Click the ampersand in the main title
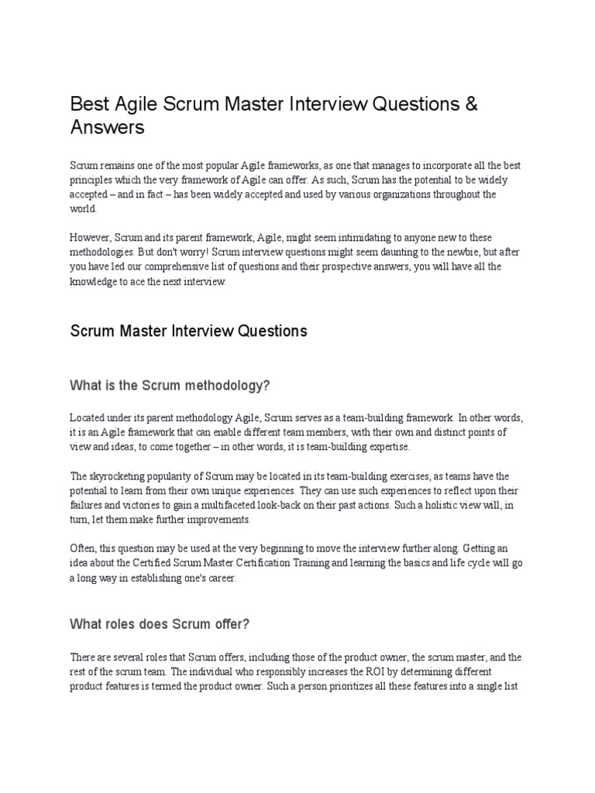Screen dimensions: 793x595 [x=470, y=105]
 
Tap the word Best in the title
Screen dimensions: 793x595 [x=88, y=105]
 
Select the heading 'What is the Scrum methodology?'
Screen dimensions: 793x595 [x=170, y=386]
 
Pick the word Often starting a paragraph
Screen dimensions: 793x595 [x=83, y=550]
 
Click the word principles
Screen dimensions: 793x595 [x=93, y=180]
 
